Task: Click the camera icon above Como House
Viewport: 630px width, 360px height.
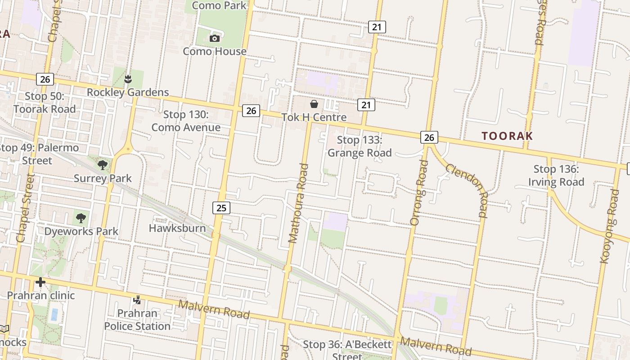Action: (x=215, y=38)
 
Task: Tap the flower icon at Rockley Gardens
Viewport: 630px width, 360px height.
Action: (x=128, y=79)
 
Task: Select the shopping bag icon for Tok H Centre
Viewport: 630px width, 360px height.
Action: (x=314, y=104)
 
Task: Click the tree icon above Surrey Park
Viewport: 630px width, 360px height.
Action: (x=103, y=165)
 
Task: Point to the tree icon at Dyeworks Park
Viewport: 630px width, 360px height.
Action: (x=81, y=218)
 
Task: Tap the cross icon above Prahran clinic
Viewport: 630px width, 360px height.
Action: (x=40, y=282)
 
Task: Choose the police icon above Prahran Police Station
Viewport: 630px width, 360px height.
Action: (x=137, y=299)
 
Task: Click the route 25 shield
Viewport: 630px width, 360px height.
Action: (x=221, y=207)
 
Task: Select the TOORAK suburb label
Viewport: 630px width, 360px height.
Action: (x=507, y=136)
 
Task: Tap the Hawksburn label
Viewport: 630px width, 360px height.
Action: (x=177, y=228)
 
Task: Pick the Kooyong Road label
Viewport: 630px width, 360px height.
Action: (x=610, y=226)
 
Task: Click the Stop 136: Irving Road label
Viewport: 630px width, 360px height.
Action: (x=556, y=175)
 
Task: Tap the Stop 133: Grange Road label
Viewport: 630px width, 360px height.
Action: (x=360, y=146)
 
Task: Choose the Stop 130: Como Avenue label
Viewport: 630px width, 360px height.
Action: (x=186, y=121)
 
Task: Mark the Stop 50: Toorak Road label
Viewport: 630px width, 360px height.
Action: (x=45, y=102)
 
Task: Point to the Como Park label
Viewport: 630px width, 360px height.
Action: (x=219, y=5)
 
